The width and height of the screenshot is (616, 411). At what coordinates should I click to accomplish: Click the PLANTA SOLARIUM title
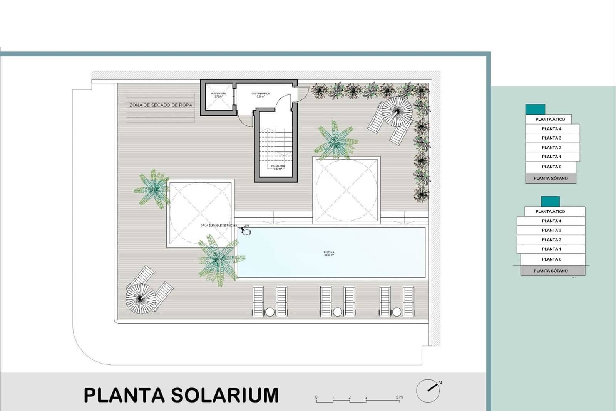pyautogui.click(x=181, y=395)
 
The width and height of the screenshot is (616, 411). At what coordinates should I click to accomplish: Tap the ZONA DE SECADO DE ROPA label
pyautogui.click(x=161, y=105)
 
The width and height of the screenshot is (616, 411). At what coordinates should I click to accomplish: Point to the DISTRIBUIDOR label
pyautogui.click(x=261, y=94)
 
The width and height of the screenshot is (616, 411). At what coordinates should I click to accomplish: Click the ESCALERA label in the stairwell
pyautogui.click(x=278, y=167)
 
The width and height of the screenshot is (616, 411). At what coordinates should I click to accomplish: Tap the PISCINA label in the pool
pyautogui.click(x=329, y=253)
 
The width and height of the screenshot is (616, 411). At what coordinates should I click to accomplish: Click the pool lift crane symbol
pyautogui.click(x=245, y=231)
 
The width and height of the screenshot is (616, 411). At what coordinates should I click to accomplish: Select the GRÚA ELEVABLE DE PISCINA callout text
pyautogui.click(x=219, y=226)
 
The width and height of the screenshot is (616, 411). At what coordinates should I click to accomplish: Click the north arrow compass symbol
pyautogui.click(x=428, y=390)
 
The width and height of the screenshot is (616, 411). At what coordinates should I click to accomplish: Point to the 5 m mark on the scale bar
pyautogui.click(x=399, y=398)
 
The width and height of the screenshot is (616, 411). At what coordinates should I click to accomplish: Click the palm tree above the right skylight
pyautogui.click(x=335, y=141)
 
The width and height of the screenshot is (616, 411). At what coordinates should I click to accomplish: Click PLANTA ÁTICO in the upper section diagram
pyautogui.click(x=550, y=119)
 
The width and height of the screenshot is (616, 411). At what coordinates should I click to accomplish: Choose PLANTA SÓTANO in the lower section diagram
pyautogui.click(x=551, y=271)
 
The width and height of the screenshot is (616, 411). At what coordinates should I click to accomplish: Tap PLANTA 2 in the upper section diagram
pyautogui.click(x=551, y=147)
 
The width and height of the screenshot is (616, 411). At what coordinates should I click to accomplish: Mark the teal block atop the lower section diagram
pyautogui.click(x=550, y=201)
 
